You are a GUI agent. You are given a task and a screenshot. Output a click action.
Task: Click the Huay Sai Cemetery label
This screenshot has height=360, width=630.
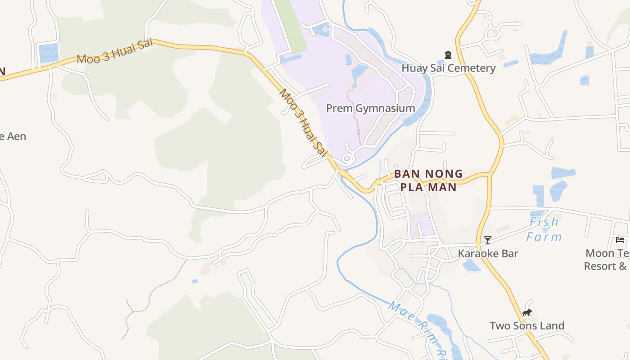tap(448, 68)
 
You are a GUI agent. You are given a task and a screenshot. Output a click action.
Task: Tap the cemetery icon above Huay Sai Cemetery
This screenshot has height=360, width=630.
tap(448, 55)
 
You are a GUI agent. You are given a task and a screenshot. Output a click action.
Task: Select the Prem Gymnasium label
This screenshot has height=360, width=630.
tap(370, 108)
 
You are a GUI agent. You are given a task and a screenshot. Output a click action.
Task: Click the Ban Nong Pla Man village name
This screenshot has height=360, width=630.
tap(428, 180)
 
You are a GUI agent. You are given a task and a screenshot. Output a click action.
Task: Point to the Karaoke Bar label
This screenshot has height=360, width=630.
tap(488, 254)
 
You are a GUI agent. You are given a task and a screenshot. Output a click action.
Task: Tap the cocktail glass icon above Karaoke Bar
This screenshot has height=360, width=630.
tap(487, 240)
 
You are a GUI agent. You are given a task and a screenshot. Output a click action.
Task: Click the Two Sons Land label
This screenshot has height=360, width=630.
tap(526, 326)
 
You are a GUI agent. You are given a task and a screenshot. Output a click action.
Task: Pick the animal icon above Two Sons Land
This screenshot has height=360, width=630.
tap(527, 313)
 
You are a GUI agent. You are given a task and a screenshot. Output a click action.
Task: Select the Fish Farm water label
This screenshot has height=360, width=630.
tap(544, 229)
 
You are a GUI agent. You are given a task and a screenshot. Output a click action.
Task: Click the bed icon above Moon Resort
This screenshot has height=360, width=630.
tap(620, 240)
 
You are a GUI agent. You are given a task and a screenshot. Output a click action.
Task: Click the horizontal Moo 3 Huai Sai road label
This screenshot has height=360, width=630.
tap(115, 51)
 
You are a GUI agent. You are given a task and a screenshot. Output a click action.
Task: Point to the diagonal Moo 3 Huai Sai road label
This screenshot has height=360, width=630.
tap(303, 123)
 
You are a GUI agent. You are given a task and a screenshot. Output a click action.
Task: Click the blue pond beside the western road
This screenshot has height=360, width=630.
tap(49, 53)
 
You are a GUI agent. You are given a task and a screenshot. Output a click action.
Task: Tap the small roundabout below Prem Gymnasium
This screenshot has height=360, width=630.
tap(346, 158)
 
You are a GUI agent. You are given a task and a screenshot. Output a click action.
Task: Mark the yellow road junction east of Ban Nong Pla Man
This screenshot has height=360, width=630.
tap(490, 175)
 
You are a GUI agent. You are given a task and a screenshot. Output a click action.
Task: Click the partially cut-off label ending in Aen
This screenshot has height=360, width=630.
tap(13, 136)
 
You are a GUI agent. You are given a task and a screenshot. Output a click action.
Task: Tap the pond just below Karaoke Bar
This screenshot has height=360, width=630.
tap(471, 266)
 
